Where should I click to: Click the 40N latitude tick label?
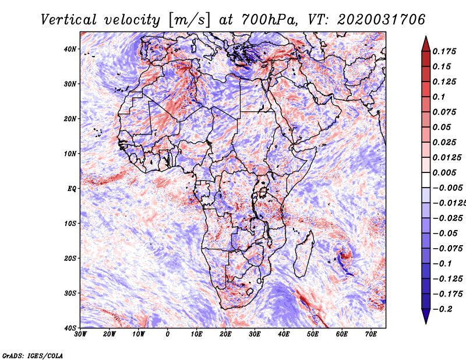[70, 49]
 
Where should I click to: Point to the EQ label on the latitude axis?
[72, 189]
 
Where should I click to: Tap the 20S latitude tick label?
[70, 258]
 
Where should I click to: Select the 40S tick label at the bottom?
[70, 328]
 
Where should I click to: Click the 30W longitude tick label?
[80, 334]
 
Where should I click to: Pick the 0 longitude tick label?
[168, 334]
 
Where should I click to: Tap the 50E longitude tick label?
[313, 334]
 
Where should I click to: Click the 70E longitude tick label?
[370, 334]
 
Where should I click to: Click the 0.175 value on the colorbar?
[444, 51]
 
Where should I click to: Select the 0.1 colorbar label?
[439, 97]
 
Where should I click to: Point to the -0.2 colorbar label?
[443, 309]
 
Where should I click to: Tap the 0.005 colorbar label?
[444, 172]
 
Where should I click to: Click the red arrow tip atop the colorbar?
[426, 37]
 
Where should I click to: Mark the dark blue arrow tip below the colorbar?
[426, 323]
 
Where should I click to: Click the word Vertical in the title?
[68, 20]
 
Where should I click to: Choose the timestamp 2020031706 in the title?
[382, 20]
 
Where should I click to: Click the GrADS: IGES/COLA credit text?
[33, 355]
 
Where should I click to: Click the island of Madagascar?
[303, 254]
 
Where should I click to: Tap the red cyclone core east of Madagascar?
[345, 255]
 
